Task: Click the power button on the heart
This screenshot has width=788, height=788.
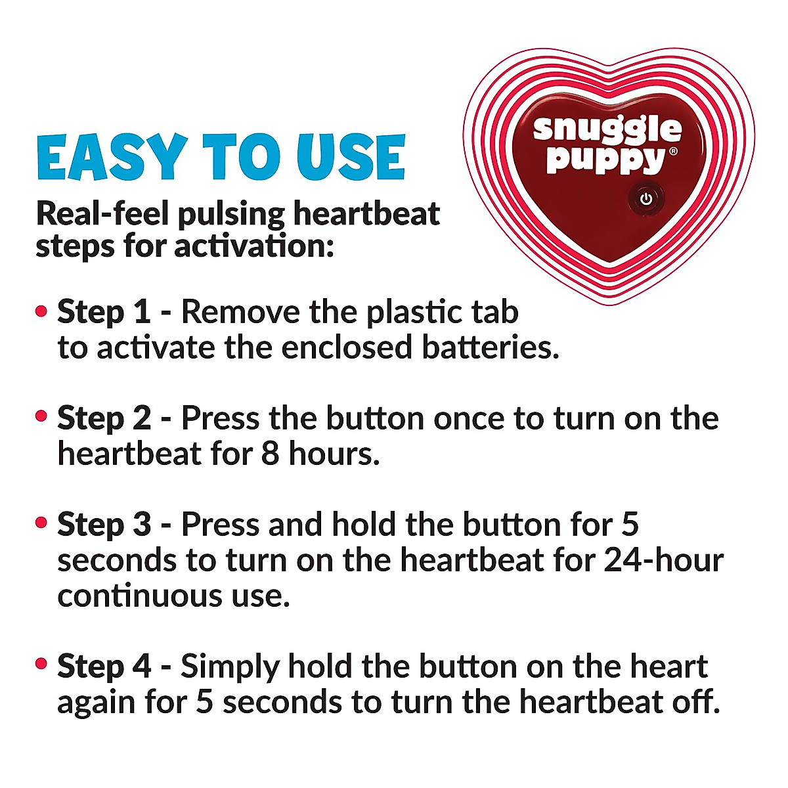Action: [x=646, y=199]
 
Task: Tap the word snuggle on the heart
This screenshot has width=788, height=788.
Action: [x=607, y=129]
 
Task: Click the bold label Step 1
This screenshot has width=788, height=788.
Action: [x=104, y=312]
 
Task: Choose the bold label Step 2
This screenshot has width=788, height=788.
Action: [x=104, y=418]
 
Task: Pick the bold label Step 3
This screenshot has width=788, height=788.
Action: [x=104, y=525]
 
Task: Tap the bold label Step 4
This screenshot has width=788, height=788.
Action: [x=104, y=667]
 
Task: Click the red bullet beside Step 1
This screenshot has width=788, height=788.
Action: [x=42, y=311]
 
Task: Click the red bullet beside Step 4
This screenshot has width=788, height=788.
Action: [x=42, y=665]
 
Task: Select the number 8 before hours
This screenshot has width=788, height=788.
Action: [x=271, y=454]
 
